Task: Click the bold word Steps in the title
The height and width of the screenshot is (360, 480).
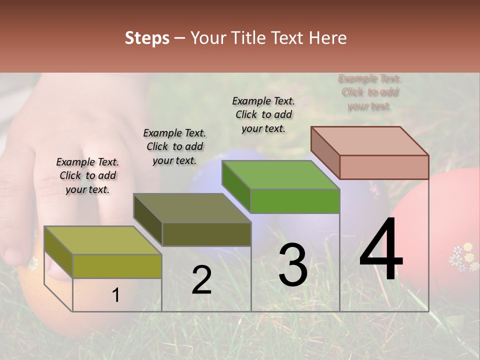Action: [147, 38]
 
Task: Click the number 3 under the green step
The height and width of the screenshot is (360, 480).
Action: [292, 264]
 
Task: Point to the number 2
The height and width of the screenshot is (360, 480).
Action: [201, 280]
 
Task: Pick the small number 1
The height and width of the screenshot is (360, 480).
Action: [116, 295]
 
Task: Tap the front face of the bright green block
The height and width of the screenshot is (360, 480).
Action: [295, 201]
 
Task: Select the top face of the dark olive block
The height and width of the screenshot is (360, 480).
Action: [192, 208]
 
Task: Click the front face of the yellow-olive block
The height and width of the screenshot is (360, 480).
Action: [117, 266]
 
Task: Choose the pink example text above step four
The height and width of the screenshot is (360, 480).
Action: [369, 92]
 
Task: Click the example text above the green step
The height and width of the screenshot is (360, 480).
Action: [263, 114]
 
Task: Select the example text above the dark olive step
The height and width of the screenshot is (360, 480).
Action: [174, 146]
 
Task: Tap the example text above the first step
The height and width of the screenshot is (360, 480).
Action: [87, 175]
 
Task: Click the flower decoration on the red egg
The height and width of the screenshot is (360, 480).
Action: [462, 256]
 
